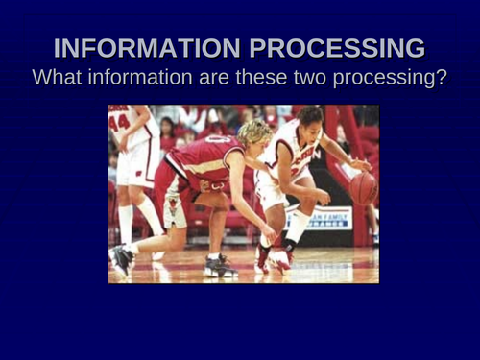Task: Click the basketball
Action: pos(363,187)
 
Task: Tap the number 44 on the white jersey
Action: pos(119,122)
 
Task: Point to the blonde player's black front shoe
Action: pos(219,267)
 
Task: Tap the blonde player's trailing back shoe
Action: pos(121,259)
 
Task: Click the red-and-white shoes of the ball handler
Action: pos(273,258)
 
